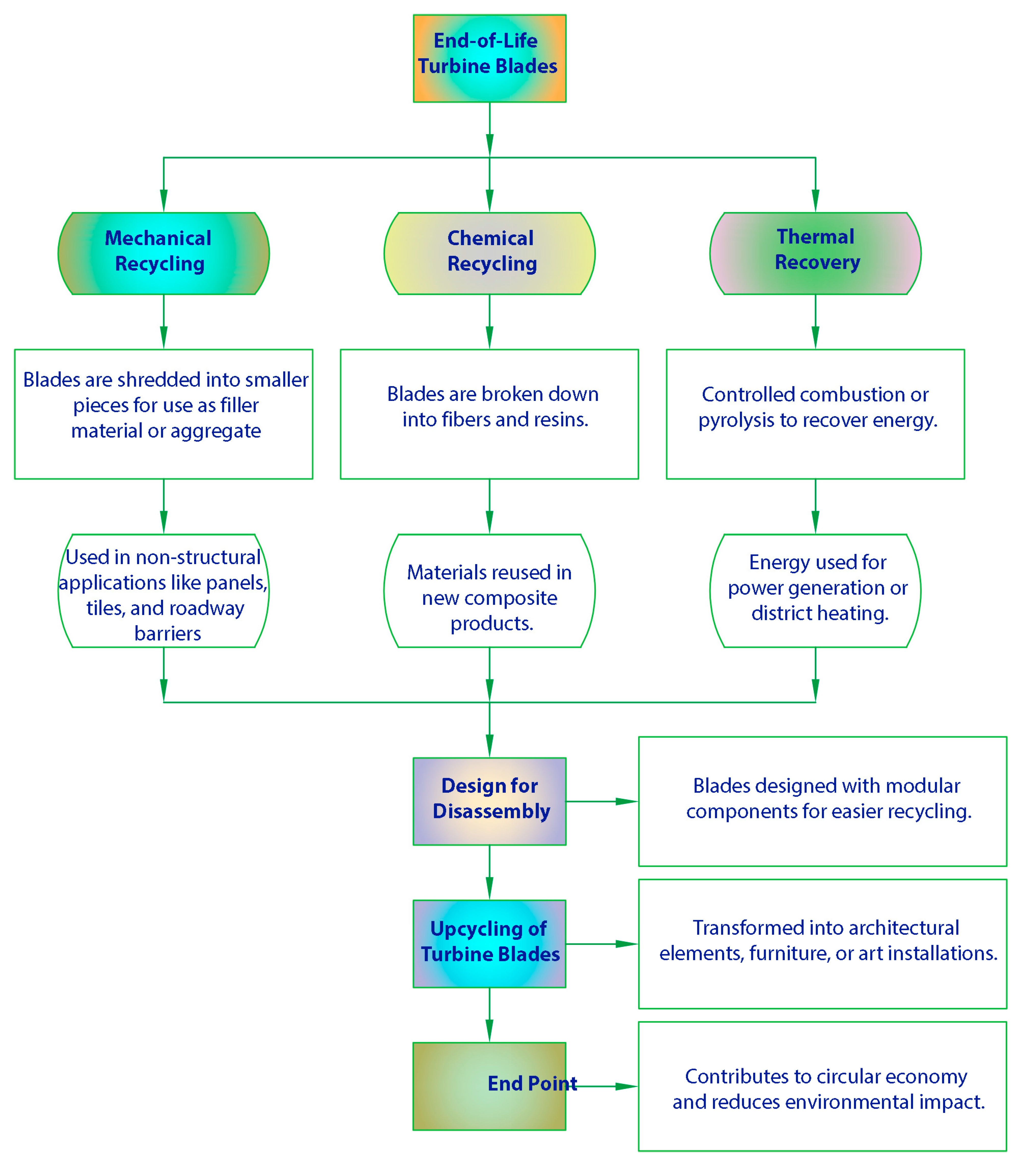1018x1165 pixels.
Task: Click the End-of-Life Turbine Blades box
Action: [489, 59]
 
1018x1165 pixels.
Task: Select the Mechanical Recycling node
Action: [164, 253]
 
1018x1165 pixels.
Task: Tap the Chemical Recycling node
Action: [489, 253]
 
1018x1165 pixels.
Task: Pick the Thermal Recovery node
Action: [815, 253]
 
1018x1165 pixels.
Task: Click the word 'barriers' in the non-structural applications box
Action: [168, 633]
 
